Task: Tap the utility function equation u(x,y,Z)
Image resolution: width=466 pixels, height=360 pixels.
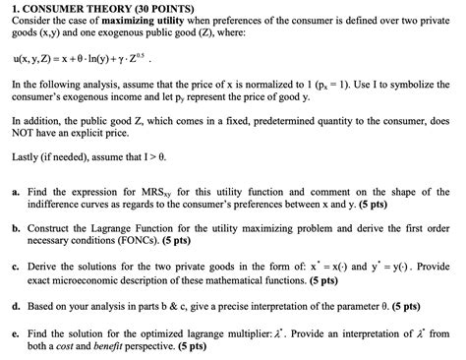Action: click(80, 58)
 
